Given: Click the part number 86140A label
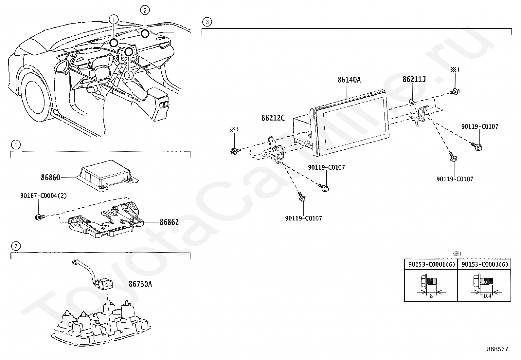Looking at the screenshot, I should click(349, 80).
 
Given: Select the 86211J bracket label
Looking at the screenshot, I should click(414, 79).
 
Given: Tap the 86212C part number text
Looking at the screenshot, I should click(273, 118).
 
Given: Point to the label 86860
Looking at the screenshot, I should click(50, 178).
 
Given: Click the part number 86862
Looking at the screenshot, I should click(169, 222).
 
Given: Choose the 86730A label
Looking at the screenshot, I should click(140, 284).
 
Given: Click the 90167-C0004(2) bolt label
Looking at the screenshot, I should click(43, 196).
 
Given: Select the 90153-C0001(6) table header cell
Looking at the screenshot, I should click(431, 264).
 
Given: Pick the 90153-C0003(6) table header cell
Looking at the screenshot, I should click(484, 264).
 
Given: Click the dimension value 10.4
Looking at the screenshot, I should click(486, 296).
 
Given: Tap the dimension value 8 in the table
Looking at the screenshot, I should click(431, 296).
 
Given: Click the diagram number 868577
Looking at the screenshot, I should click(497, 349).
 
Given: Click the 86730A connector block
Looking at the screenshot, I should click(104, 283).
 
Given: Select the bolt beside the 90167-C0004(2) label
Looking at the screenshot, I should click(39, 217).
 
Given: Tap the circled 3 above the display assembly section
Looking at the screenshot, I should click(207, 22).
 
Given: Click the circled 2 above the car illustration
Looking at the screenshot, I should click(145, 10).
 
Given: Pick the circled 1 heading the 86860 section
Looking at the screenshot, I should click(15, 144).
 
